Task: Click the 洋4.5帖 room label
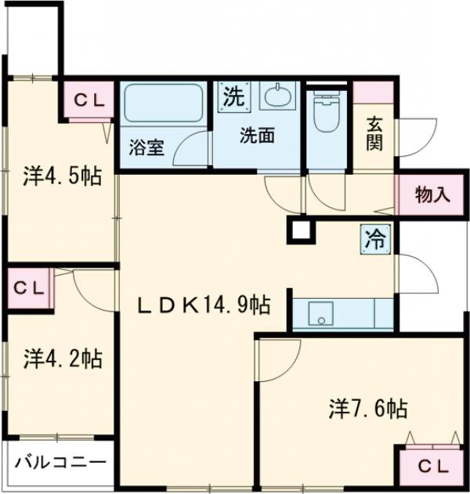pyautogui.click(x=61, y=176)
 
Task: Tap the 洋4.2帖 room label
pyautogui.click(x=61, y=360)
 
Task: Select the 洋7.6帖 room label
pyautogui.click(x=367, y=408)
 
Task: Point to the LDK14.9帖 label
pyautogui.click(x=205, y=304)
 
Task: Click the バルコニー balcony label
pyautogui.click(x=60, y=461)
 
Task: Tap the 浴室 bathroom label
pyautogui.click(x=146, y=147)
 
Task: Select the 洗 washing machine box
pyautogui.click(x=233, y=97)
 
